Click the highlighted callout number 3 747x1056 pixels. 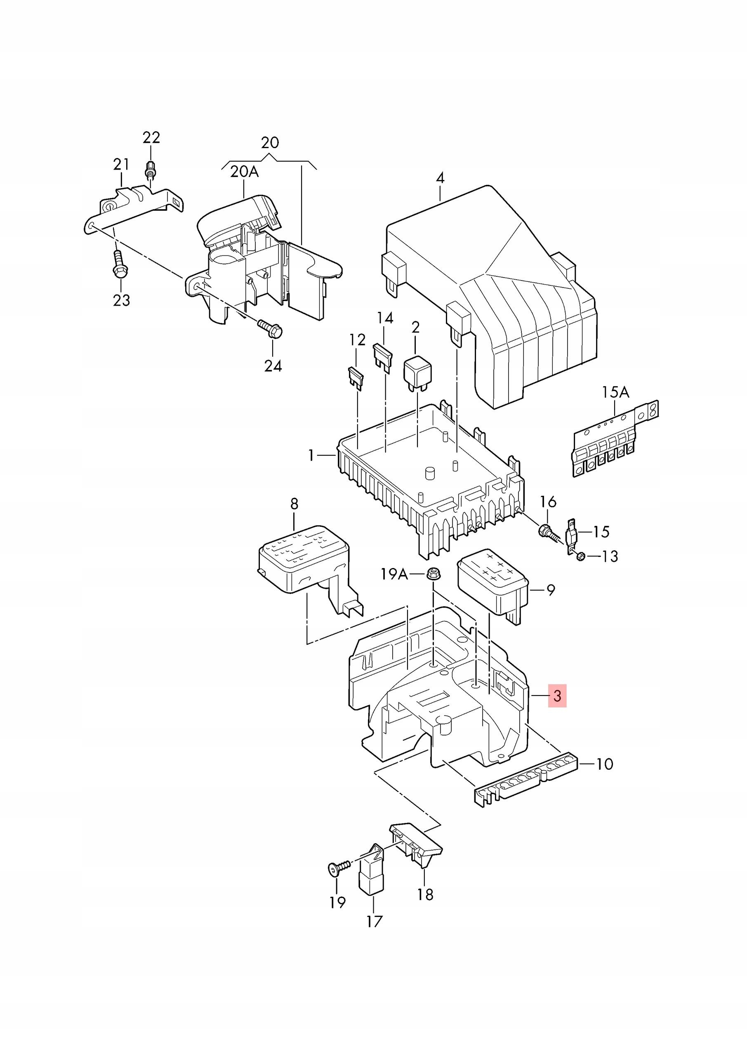(557, 708)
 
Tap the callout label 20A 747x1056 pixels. (244, 172)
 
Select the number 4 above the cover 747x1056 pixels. (440, 178)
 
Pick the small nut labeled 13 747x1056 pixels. (580, 556)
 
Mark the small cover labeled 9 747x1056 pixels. (493, 587)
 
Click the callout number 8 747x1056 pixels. (295, 504)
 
